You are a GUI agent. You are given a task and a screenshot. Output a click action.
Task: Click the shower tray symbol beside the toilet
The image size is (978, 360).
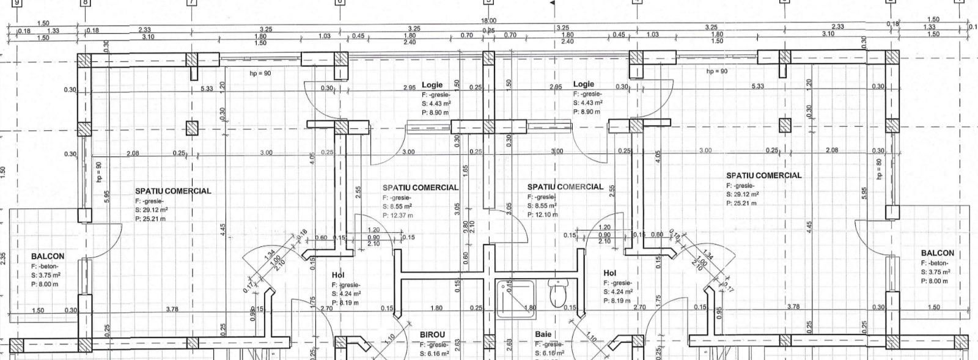513,299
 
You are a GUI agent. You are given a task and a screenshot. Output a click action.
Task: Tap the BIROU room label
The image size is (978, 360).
432,335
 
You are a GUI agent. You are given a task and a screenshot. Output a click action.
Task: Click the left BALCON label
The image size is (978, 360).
47,256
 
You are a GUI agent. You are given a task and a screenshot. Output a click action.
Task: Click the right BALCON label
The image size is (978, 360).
937,253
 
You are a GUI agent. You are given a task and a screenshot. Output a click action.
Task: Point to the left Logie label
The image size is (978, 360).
432,85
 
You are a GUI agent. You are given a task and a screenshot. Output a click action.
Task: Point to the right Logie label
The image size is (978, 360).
583,84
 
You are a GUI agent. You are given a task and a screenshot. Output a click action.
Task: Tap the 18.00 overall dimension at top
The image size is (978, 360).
489,20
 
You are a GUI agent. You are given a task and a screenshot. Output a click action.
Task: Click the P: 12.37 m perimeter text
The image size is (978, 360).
397,215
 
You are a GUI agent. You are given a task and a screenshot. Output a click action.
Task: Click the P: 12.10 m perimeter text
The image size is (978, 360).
542,215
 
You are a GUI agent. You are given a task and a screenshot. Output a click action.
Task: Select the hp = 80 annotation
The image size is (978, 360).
879,169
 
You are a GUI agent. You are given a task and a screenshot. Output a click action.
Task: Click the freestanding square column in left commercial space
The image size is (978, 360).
192,128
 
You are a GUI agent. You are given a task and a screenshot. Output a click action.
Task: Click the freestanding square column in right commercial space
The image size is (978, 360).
785,125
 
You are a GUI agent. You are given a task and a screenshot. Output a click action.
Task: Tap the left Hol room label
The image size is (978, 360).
338,276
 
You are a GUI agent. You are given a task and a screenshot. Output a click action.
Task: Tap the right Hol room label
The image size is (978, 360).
609,273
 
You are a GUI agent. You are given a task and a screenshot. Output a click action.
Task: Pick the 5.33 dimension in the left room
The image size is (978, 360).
207,89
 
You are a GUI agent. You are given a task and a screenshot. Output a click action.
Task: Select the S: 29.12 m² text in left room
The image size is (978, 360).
152,209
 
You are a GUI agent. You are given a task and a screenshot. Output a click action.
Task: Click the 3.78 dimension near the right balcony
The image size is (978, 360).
793,306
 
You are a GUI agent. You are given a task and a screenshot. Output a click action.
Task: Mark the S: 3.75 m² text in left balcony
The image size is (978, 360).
46,275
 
